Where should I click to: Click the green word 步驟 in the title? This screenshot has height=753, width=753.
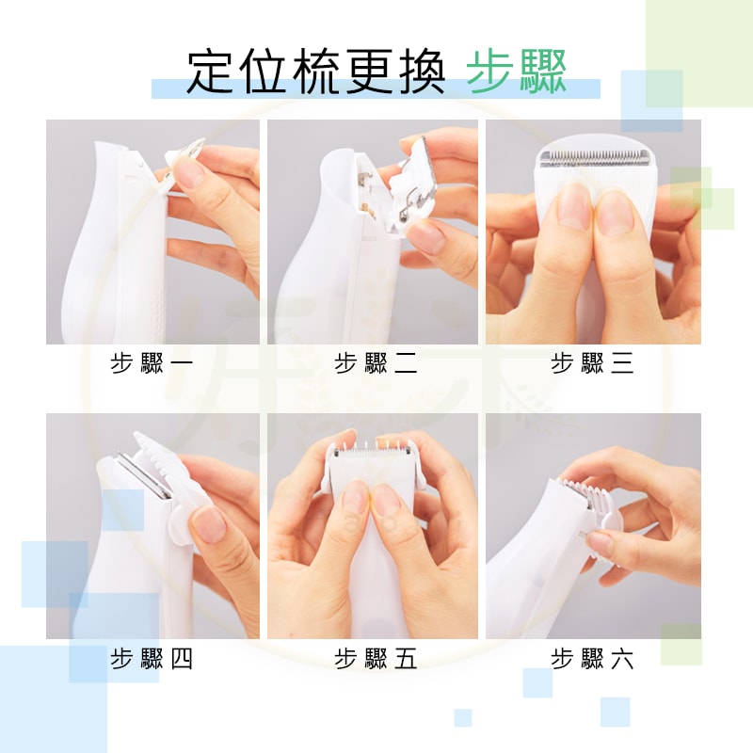517,72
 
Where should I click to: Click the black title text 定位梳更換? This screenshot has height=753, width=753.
315,72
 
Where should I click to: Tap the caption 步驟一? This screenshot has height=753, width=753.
152,363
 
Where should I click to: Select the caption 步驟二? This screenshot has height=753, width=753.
376,363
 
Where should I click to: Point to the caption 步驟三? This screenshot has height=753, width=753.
592,363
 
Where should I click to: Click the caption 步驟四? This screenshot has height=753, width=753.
152,658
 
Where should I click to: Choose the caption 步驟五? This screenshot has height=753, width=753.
376,658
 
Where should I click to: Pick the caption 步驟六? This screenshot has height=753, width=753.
592,658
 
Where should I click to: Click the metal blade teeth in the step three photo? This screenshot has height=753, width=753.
594,157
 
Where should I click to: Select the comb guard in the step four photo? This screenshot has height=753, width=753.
166,485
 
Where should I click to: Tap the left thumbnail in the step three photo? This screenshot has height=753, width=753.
574,206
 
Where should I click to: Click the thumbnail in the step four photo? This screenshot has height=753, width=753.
210,526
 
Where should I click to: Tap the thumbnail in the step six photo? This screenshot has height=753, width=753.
600,543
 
